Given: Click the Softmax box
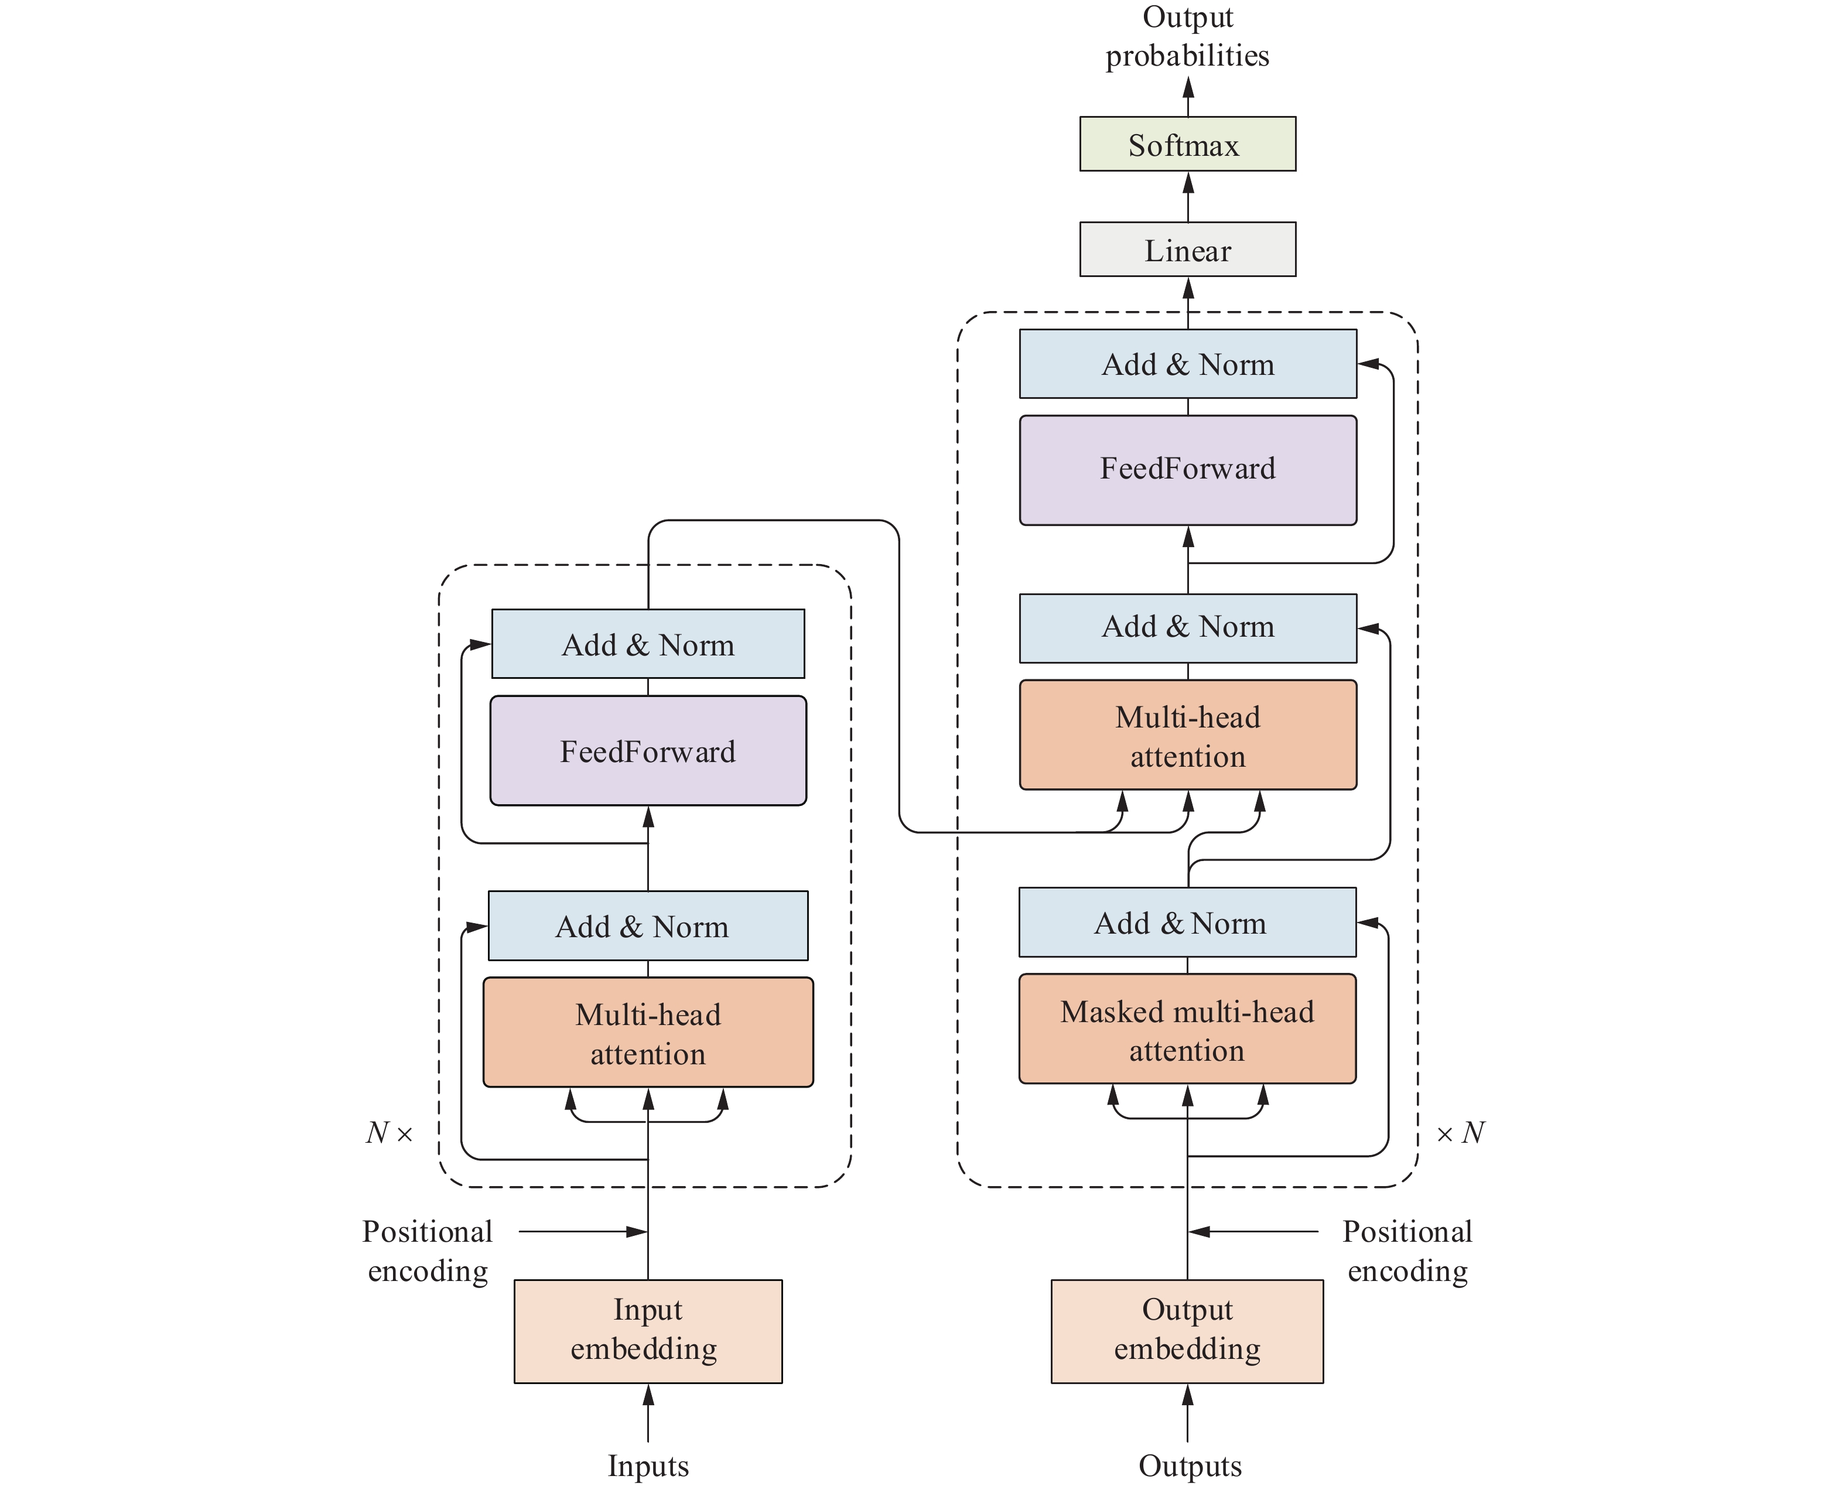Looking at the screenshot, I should point(1187,145).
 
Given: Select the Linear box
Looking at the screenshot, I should point(1187,250).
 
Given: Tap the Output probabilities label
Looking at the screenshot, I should point(1187,37).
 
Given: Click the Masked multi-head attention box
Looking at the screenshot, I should point(1187,1030).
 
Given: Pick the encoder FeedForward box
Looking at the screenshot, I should point(648,751).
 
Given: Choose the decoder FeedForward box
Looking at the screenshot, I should point(1187,470).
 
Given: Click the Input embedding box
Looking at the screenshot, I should point(648,1331).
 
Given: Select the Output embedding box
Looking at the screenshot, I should point(1187,1331).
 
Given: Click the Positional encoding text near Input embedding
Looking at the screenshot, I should point(427,1251).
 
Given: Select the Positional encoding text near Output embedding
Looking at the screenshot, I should point(1407,1251).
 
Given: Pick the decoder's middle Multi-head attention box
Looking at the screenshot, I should point(1187,735).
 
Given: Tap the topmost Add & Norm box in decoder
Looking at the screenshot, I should point(1187,364).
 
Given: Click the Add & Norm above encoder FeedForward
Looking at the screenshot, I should point(648,644).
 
